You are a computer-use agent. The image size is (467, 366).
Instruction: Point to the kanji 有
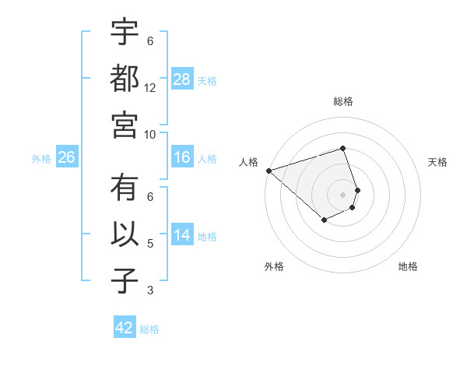(x=125, y=189)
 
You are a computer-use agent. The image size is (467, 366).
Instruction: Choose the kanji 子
(x=125, y=281)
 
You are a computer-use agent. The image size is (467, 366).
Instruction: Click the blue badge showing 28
(x=181, y=79)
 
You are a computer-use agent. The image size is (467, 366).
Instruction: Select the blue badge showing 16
(x=181, y=157)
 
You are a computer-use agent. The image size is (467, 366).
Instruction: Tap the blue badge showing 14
(x=181, y=235)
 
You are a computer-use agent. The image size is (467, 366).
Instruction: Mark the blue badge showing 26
(x=66, y=157)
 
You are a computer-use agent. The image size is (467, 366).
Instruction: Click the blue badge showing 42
(x=125, y=328)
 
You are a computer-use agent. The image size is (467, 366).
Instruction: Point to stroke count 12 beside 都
(x=150, y=88)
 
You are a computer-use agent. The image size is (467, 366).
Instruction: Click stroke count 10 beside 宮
(x=150, y=134)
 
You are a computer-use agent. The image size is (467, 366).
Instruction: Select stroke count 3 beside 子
(x=150, y=291)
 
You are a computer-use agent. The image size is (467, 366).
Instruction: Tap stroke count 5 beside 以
(x=150, y=245)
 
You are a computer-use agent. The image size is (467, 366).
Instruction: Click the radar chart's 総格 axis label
(x=342, y=101)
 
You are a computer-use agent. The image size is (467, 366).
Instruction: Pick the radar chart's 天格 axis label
(x=437, y=162)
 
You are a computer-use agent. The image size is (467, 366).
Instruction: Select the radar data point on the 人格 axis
(x=269, y=170)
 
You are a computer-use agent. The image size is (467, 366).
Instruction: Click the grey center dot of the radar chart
(x=342, y=194)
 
